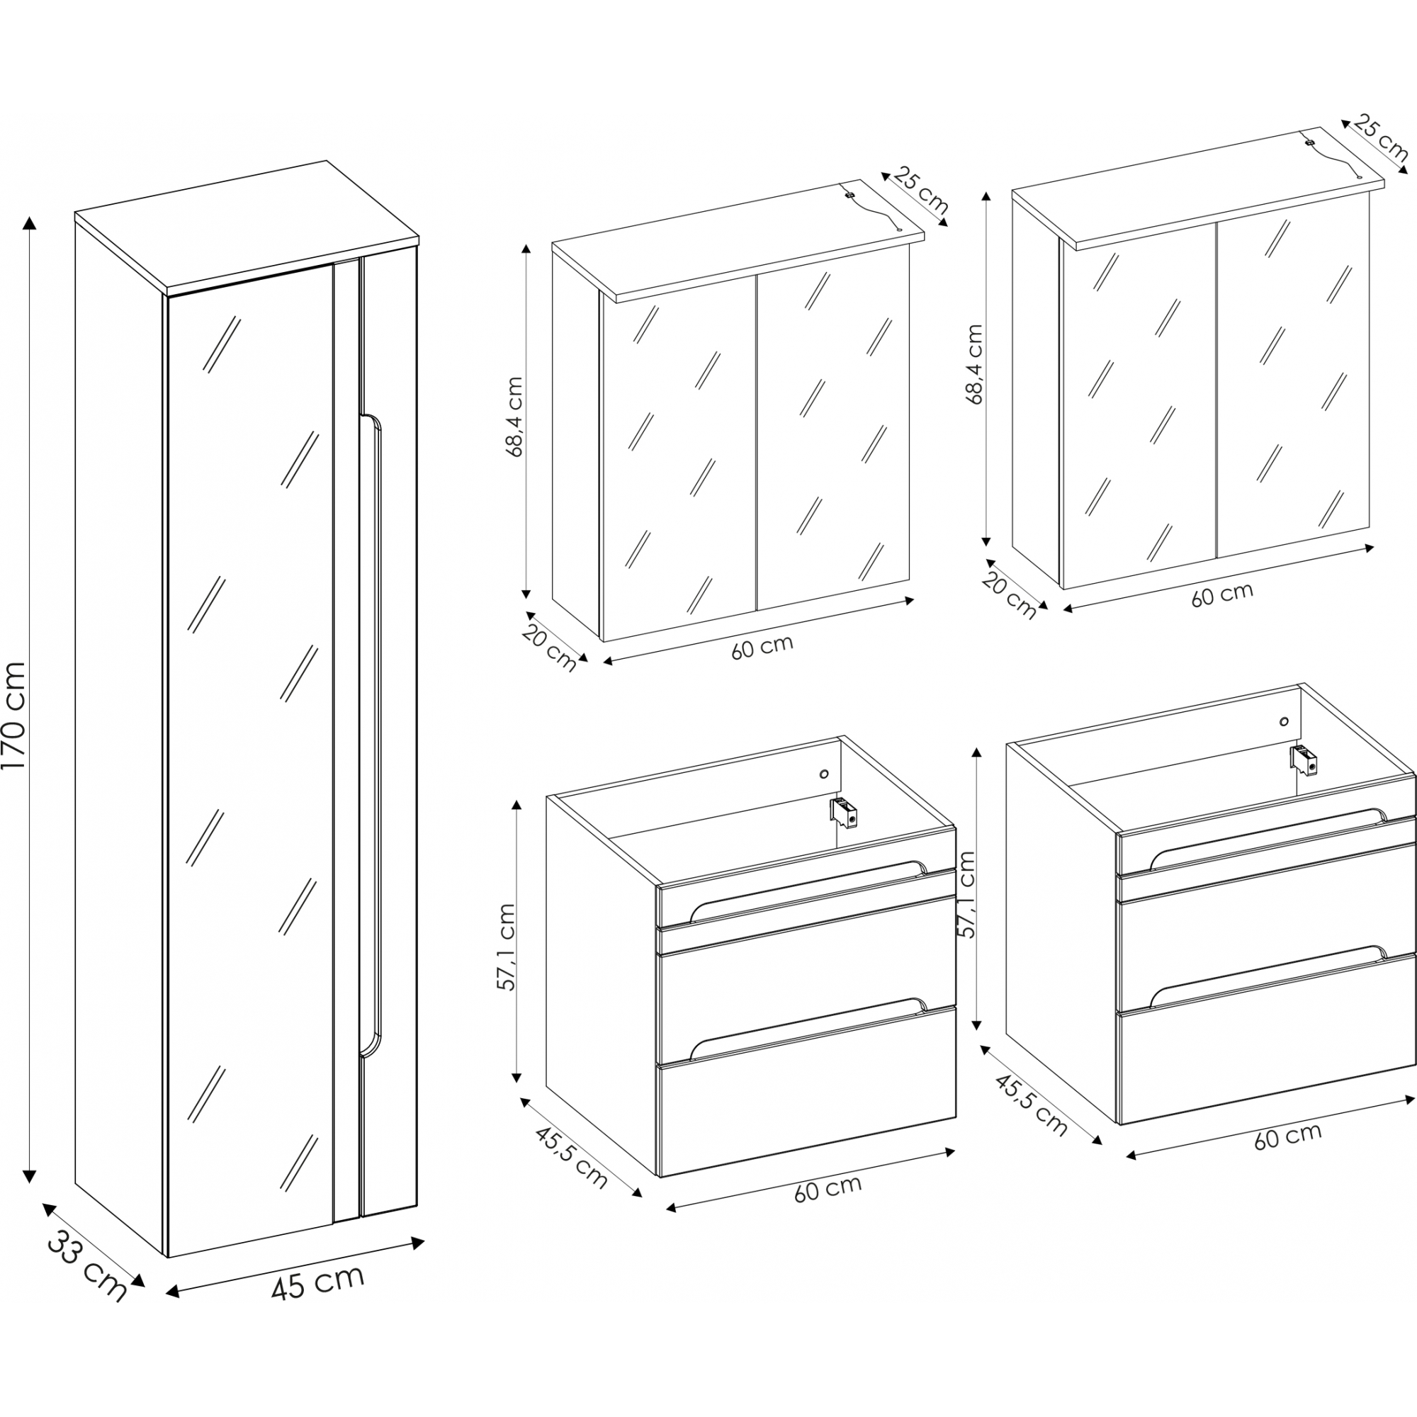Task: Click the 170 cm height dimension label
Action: pyautogui.click(x=15, y=715)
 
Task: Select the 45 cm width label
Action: pyautogui.click(x=317, y=1282)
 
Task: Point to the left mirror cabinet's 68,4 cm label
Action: pyautogui.click(x=515, y=417)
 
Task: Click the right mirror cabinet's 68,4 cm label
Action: pyautogui.click(x=974, y=364)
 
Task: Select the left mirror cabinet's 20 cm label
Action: pyautogui.click(x=550, y=647)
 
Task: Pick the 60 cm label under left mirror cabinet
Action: pyautogui.click(x=762, y=647)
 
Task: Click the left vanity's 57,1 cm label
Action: pyautogui.click(x=507, y=947)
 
